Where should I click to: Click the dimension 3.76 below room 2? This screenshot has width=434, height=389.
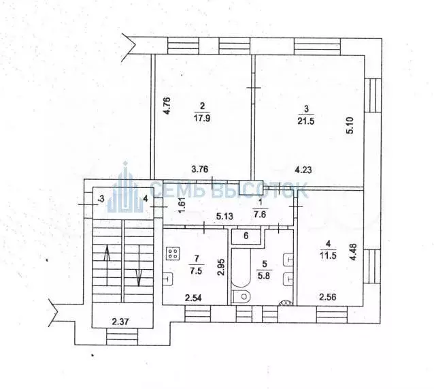(199, 170)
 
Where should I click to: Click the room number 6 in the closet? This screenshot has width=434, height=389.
(247, 236)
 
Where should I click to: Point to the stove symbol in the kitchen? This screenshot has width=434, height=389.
(173, 254)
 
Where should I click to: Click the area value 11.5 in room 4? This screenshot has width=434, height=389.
(329, 255)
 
